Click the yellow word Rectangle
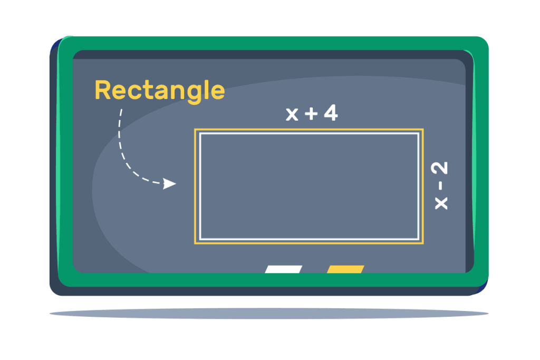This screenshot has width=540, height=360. (x=160, y=91)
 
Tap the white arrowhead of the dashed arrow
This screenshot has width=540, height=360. (x=169, y=184)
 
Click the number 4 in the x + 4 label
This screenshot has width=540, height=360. (x=331, y=113)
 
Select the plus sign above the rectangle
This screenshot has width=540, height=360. (x=311, y=113)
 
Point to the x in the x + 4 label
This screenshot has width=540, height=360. (x=292, y=114)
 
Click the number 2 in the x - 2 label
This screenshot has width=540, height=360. (x=439, y=168)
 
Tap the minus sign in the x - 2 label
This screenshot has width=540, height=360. (x=440, y=186)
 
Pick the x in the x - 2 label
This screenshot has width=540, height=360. (x=441, y=203)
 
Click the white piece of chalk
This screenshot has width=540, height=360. (x=283, y=269)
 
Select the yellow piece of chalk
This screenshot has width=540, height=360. (x=345, y=269)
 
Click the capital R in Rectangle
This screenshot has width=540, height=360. (x=103, y=91)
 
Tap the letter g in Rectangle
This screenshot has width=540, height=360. (x=194, y=94)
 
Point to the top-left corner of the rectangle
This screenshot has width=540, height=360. (x=195, y=130)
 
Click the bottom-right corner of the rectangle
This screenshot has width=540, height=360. (x=423, y=244)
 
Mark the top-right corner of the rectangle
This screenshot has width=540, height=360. (x=423, y=130)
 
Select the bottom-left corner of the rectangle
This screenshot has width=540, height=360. (x=195, y=244)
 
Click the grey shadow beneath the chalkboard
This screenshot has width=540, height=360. (x=269, y=314)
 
